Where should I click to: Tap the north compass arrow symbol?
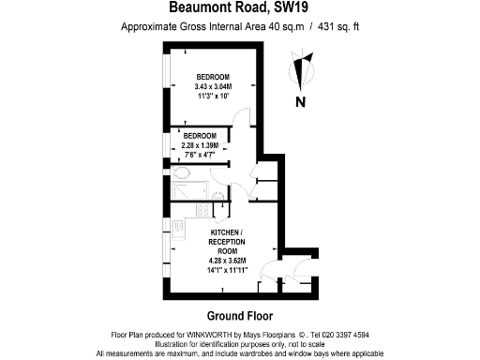click(302, 71)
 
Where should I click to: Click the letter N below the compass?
click(301, 102)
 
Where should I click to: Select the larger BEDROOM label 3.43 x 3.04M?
click(213, 85)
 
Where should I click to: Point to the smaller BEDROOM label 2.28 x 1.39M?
click(199, 145)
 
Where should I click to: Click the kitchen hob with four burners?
click(177, 226)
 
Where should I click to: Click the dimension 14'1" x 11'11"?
click(226, 268)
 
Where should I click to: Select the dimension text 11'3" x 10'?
click(213, 95)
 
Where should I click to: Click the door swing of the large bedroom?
click(243, 117)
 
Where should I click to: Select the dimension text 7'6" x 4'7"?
click(199, 155)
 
